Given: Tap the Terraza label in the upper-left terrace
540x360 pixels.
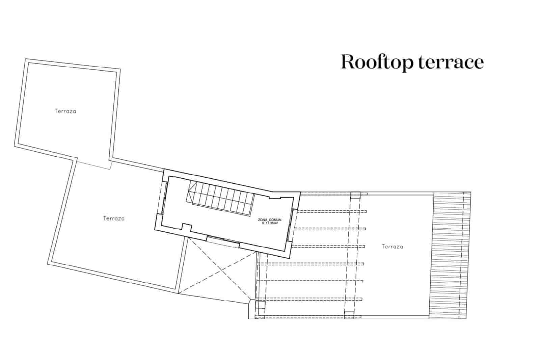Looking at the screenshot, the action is (x=65, y=111).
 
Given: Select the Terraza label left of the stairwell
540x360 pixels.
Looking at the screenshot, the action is (x=114, y=218).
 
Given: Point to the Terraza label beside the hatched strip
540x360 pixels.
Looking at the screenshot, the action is (x=393, y=247).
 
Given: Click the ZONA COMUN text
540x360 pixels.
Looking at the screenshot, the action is (x=270, y=220).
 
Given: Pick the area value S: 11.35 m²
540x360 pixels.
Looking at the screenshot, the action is (x=270, y=223).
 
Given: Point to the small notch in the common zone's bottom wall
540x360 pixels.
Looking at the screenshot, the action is (x=187, y=227).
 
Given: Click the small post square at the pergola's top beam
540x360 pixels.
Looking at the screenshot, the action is (x=355, y=195).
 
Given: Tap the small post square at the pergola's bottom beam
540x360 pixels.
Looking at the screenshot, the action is (x=349, y=315).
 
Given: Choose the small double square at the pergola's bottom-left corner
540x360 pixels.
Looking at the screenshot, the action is (x=260, y=308).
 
